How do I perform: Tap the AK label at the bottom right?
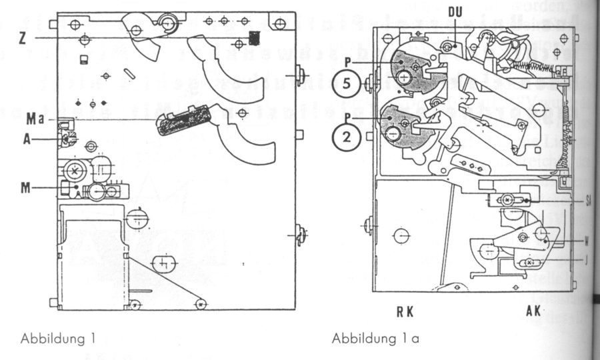(x=531, y=311)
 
